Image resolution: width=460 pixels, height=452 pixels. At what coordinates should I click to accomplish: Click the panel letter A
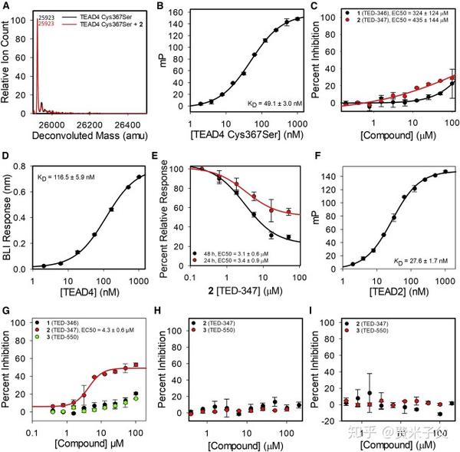tap(6, 7)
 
